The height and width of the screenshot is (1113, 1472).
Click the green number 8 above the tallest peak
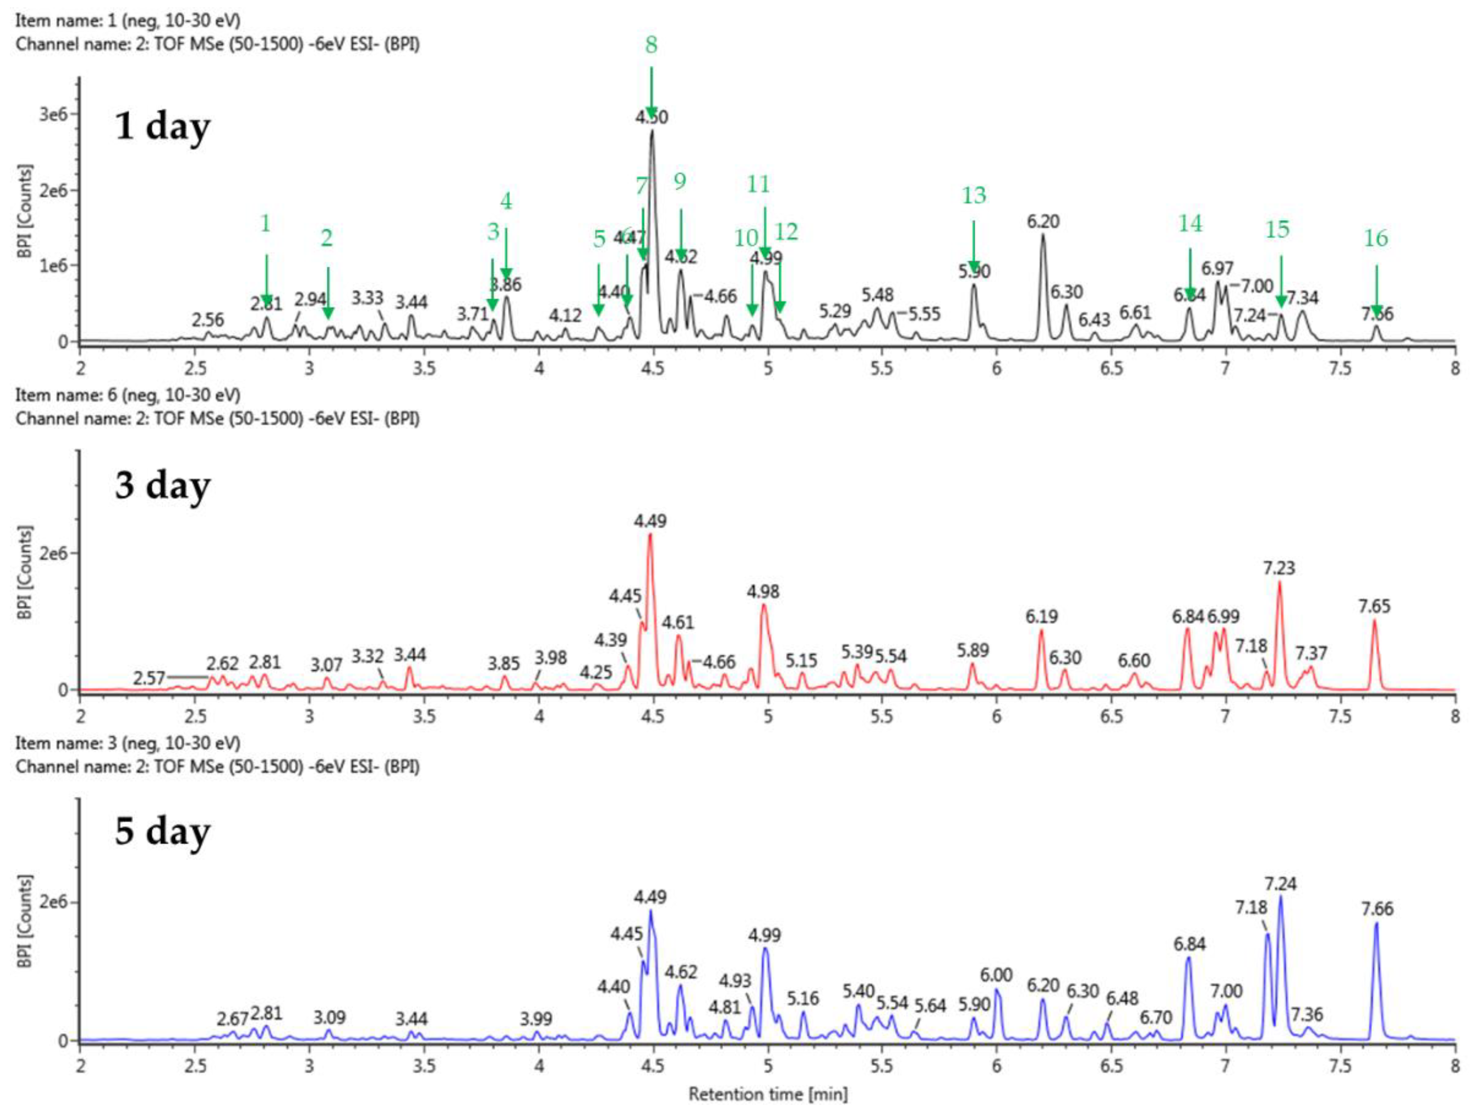[651, 45]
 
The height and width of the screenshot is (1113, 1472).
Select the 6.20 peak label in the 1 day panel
[1043, 222]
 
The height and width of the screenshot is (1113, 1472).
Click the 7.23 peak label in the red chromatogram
[1279, 568]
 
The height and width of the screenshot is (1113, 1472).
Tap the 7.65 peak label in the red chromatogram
[1374, 606]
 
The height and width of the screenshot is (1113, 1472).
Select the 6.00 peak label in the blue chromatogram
[996, 975]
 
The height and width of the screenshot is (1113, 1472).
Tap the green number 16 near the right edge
[1376, 238]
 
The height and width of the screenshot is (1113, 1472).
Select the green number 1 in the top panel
[265, 224]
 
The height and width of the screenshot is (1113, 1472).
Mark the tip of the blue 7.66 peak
[1376, 923]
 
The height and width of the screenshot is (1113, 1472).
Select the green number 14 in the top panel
[1190, 224]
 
